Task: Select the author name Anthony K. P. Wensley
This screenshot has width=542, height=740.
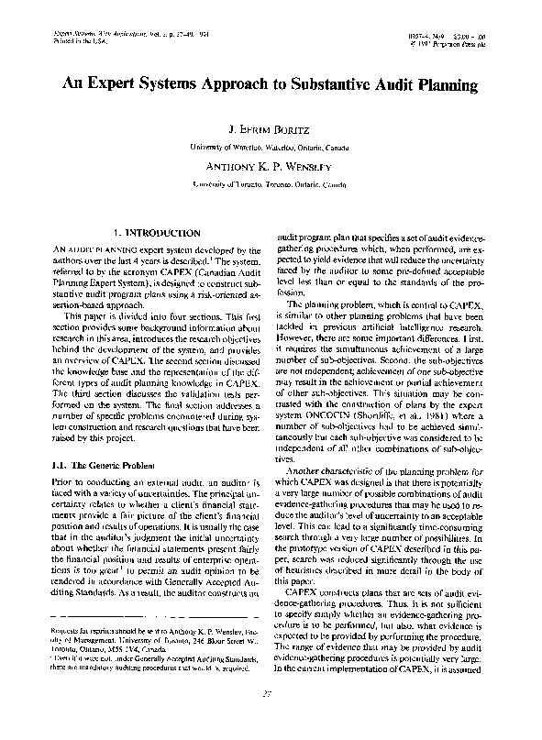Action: (271, 166)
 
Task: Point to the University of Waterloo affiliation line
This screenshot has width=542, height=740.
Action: (271, 147)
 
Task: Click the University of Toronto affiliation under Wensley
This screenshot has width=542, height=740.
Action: (271, 183)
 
